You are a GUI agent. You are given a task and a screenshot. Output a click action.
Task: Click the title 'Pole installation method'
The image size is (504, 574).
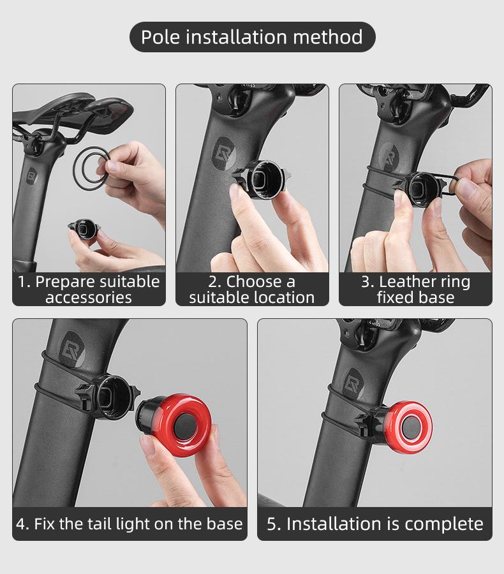[252, 37]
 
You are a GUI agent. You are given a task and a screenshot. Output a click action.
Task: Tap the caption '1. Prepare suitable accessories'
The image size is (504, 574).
[89, 290]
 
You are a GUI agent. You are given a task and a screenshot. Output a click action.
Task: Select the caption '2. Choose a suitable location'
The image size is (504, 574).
[252, 290]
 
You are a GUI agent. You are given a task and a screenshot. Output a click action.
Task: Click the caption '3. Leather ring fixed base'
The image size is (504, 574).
[415, 290]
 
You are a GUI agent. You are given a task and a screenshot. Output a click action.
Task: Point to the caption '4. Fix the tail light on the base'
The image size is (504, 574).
[130, 524]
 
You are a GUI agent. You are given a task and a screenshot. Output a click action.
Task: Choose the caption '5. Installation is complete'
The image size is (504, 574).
[375, 524]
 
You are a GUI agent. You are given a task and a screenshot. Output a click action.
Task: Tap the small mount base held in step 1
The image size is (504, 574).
[84, 228]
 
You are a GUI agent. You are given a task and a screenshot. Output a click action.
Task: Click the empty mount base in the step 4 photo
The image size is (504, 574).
[108, 393]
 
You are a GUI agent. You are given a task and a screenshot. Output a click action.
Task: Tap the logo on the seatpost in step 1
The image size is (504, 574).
[32, 175]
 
